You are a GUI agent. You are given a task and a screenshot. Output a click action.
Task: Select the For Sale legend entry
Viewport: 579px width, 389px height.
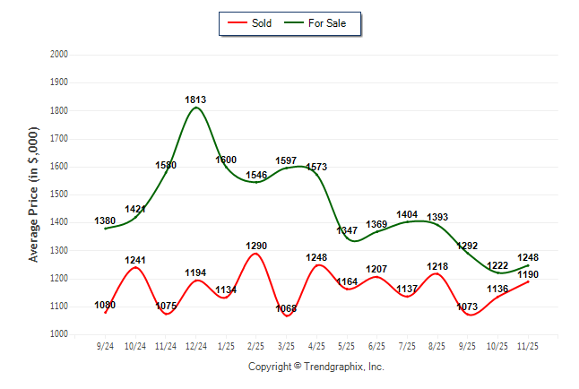(318, 22)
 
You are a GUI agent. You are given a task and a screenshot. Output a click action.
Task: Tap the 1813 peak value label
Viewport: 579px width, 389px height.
(196, 99)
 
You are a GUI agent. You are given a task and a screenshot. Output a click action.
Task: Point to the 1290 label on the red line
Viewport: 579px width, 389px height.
(256, 246)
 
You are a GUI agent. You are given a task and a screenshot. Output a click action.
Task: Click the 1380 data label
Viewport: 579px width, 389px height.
(106, 221)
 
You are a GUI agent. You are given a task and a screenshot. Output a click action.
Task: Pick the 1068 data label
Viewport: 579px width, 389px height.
(287, 309)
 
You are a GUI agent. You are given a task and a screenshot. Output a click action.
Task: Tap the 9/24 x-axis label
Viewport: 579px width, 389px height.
(106, 345)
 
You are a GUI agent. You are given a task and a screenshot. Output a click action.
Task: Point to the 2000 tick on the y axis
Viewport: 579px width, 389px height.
(59, 55)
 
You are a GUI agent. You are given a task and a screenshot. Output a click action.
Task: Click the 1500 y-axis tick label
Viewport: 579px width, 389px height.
(59, 194)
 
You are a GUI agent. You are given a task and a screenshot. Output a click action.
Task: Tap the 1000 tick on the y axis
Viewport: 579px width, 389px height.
(59, 334)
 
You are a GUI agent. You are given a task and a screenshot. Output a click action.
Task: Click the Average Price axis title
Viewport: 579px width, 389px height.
(34, 194)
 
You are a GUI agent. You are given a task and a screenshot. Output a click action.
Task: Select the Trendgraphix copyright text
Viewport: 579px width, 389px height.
(315, 367)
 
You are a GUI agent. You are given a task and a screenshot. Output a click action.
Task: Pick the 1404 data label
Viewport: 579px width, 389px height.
(408, 215)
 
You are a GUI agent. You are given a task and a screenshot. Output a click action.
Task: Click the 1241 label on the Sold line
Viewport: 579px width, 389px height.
(135, 261)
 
